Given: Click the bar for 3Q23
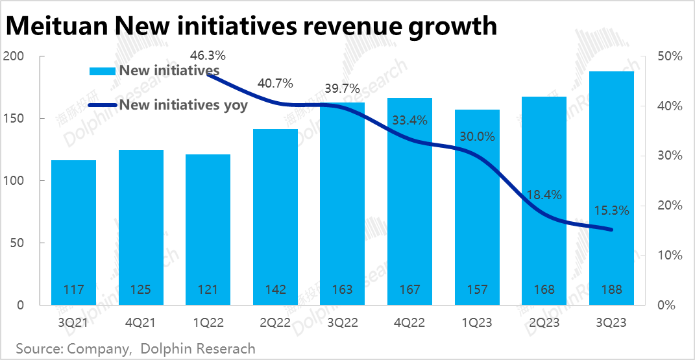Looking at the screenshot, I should point(611,188).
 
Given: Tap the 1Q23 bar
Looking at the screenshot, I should point(477,208).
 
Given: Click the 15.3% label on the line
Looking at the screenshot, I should point(611,210).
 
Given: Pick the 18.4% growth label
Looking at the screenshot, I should point(544,195).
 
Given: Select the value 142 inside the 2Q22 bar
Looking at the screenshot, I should point(275,290).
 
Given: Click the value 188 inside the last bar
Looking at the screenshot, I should point(611,290).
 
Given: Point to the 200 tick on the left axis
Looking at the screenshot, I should point(14,56).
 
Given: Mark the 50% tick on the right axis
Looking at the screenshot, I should point(669,56).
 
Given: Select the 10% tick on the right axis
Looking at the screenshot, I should point(669,256).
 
